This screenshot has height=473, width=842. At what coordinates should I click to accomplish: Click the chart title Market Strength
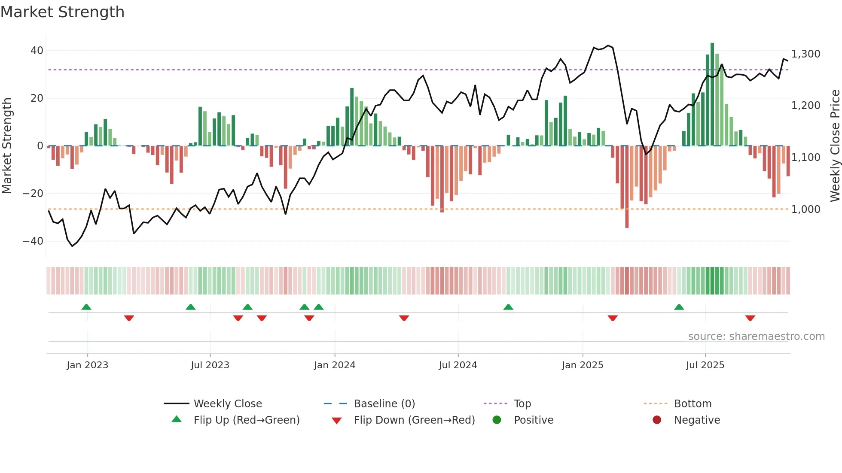62,12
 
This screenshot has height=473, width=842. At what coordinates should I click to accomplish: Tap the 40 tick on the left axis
37,51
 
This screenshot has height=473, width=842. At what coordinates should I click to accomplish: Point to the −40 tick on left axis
33,241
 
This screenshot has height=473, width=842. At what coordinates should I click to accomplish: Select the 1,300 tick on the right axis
805,54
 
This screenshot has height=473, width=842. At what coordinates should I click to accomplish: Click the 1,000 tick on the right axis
805,209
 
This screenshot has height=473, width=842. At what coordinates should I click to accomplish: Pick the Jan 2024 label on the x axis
335,365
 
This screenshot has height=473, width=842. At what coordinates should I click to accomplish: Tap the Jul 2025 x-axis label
705,365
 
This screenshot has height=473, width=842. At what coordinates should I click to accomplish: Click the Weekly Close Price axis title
835,146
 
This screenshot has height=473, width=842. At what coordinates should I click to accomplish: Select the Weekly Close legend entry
227,404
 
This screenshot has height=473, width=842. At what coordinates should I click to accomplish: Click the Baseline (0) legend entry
384,404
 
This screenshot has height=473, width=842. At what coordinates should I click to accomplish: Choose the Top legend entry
522,404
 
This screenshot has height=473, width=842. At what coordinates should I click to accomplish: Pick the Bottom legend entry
693,404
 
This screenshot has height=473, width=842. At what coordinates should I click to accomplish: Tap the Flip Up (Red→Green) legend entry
246,420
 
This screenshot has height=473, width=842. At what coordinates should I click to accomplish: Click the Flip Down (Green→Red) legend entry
414,420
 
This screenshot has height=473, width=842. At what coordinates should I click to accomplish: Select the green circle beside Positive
497,420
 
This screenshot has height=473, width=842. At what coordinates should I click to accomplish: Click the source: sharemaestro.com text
756,337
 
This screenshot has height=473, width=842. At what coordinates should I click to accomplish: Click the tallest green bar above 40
712,94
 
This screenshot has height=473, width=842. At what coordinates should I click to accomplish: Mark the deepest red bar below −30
627,187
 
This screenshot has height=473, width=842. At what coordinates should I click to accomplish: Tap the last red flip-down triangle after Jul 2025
750,318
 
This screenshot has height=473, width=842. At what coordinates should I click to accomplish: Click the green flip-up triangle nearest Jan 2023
86,307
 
